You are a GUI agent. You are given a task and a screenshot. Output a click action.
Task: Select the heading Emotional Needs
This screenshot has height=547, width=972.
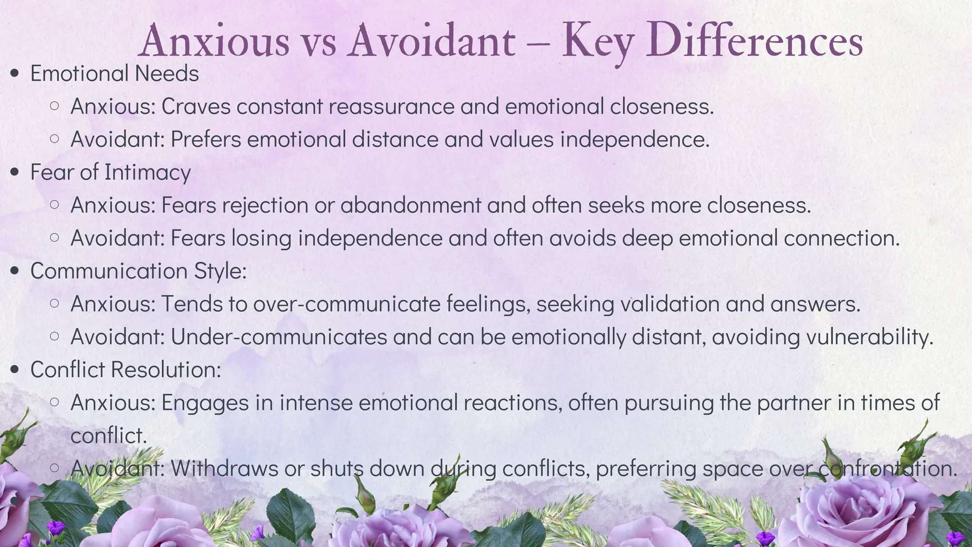(114, 74)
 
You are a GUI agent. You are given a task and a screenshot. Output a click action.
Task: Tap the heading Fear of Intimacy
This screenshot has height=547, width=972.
(110, 172)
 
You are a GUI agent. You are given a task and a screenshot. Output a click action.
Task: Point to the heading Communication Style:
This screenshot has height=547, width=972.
(138, 271)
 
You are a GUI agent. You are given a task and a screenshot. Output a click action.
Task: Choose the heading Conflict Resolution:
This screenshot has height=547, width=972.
(126, 370)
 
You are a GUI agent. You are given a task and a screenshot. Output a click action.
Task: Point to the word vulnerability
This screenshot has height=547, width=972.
(869, 337)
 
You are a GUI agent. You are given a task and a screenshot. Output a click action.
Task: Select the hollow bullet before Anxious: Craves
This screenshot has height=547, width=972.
(55, 106)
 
